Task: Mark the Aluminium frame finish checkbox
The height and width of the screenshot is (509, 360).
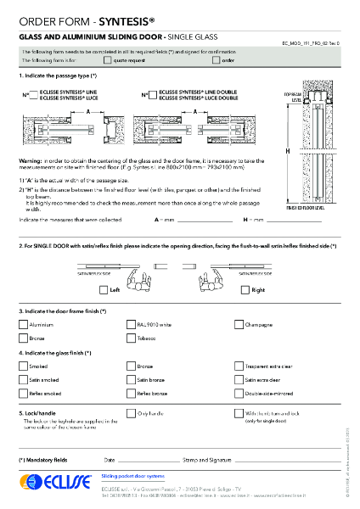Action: pyautogui.click(x=23, y=324)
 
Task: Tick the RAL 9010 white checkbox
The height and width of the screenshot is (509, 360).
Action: pyautogui.click(x=130, y=324)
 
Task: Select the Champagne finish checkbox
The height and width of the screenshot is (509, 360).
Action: pyautogui.click(x=239, y=324)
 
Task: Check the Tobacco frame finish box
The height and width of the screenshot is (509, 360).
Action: pyautogui.click(x=130, y=338)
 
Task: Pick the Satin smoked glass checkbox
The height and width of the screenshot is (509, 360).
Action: pyautogui.click(x=23, y=380)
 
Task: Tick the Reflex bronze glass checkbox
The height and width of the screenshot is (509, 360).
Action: pyautogui.click(x=130, y=394)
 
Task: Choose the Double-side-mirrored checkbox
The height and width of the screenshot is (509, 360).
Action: pyautogui.click(x=239, y=394)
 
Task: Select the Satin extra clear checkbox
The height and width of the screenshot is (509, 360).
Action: pyautogui.click(x=239, y=380)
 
